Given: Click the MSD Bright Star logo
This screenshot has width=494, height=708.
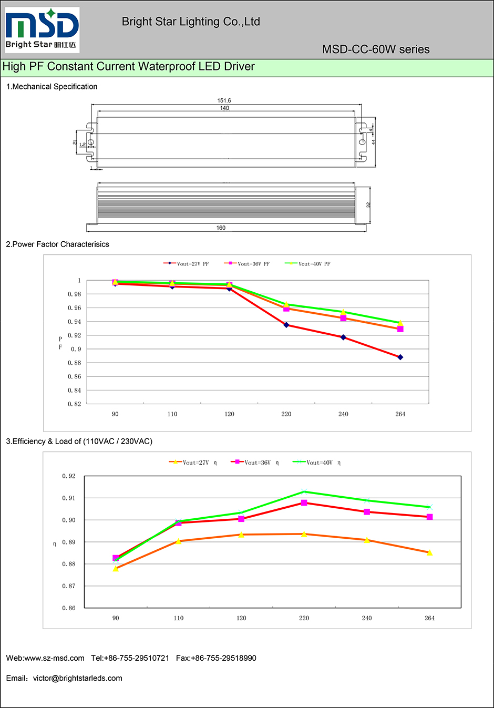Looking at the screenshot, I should coord(42,29).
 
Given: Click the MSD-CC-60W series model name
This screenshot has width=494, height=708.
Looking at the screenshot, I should coord(376,49).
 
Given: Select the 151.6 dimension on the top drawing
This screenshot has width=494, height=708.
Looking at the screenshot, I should coord(224,100).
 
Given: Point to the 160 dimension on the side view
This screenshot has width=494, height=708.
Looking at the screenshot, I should coord(221,228).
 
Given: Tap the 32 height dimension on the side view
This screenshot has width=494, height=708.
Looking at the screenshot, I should coord(368,204).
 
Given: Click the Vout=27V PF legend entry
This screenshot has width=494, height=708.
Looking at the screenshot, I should coord(187,264).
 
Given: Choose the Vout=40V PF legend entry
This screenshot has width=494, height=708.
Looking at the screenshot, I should coord(308,264).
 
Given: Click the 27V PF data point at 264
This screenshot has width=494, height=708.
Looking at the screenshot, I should coord(400,357).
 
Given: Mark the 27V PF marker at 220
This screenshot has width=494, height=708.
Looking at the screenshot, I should coord(286,325).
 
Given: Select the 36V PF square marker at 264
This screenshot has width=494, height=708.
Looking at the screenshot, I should coord(400,329).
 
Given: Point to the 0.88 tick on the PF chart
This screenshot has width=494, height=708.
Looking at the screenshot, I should coord(75,363).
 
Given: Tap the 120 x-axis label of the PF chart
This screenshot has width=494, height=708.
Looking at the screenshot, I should coord(230,414).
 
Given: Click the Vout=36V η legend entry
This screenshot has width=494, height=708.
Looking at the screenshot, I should coord(255,463).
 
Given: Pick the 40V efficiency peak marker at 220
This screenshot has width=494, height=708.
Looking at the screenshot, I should coord(304,491).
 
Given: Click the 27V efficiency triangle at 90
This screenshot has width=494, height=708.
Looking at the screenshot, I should coord(116,568).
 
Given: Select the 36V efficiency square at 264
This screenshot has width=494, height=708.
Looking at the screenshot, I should coord(430,517).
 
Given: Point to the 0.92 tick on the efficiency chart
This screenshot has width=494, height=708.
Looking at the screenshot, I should coord(69,476).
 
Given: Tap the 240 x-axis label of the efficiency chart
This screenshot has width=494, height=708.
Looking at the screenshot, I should coord(367,618).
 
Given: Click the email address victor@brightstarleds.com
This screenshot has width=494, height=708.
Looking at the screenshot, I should coord(78,678).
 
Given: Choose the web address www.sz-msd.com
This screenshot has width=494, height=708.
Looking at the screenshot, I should coord(55,658).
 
